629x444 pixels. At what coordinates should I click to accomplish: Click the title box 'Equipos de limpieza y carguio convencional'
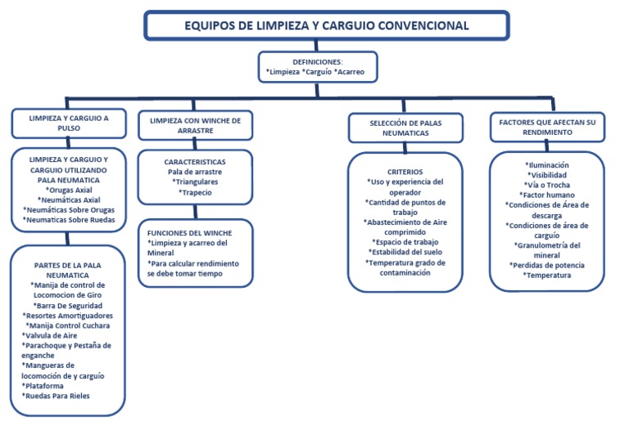[326, 25]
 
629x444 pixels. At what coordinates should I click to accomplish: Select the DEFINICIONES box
[318, 67]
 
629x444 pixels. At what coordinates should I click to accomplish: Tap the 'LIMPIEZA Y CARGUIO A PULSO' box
[69, 123]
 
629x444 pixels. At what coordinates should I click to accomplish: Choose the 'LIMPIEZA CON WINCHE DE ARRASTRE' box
[195, 125]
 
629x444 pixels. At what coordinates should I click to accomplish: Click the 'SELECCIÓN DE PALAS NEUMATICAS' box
[405, 127]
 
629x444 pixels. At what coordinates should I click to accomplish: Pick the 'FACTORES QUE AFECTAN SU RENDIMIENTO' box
[547, 127]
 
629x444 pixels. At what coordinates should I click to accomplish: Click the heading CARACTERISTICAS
[195, 162]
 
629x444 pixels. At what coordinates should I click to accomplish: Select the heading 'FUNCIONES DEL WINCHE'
[189, 232]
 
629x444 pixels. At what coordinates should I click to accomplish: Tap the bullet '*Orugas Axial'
[69, 190]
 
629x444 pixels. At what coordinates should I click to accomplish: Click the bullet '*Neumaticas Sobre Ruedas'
[69, 220]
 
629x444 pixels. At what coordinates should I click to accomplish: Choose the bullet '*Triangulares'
[195, 182]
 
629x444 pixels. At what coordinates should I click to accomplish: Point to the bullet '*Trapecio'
[195, 193]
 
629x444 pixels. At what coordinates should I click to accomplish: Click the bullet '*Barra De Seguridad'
[69, 306]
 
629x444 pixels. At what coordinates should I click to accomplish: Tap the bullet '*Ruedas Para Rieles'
[57, 396]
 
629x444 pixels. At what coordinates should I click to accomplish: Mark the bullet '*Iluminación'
[548, 165]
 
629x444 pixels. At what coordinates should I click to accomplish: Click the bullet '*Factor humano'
[548, 195]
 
